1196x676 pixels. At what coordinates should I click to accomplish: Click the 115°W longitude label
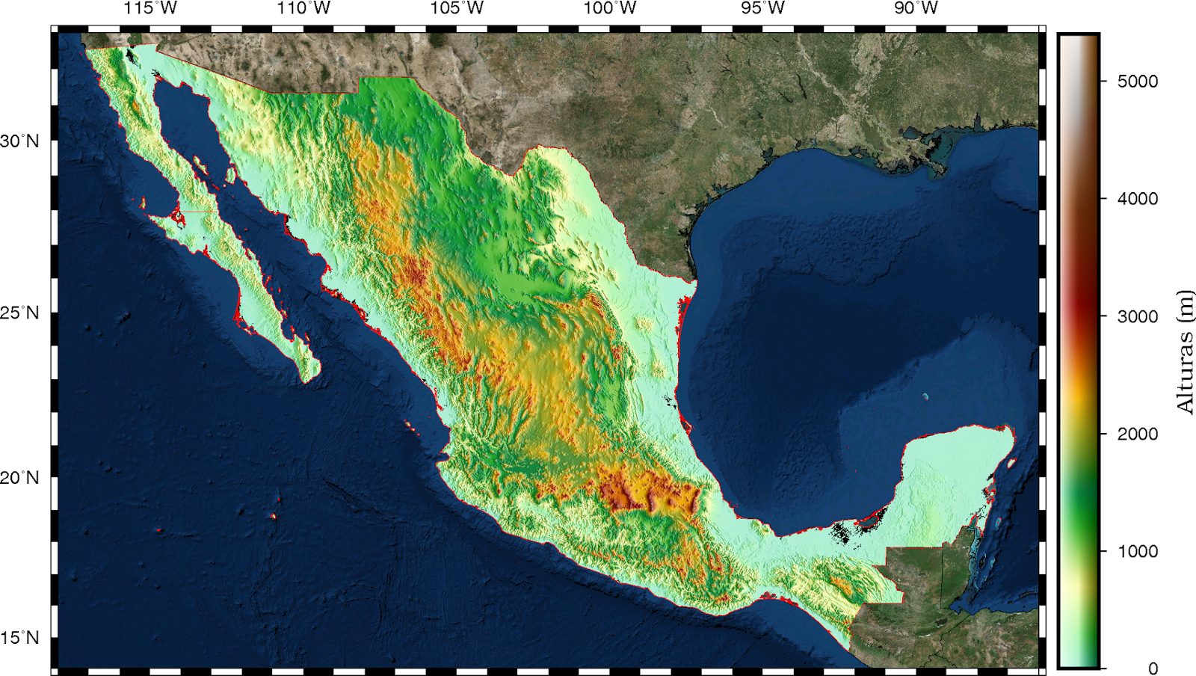[x=150, y=8]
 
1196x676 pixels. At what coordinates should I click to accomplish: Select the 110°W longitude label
[x=303, y=8]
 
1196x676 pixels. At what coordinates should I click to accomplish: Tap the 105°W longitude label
[x=457, y=8]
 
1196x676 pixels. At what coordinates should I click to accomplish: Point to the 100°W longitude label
[x=610, y=8]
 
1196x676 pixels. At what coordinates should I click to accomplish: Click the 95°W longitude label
[x=763, y=8]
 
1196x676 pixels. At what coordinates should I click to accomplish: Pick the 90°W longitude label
[x=916, y=8]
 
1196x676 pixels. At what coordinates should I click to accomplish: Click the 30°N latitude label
[x=19, y=141]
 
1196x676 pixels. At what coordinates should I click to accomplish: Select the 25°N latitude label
[x=19, y=313]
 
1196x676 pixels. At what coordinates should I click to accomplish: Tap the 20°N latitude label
[x=19, y=478]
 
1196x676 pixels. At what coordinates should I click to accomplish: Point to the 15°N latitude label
[x=19, y=638]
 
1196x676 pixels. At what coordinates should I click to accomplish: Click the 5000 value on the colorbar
[x=1137, y=81]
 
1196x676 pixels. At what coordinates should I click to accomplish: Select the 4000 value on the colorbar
[x=1137, y=199]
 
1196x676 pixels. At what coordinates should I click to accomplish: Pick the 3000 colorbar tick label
[x=1137, y=316]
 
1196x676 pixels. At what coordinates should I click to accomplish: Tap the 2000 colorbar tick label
[x=1137, y=434]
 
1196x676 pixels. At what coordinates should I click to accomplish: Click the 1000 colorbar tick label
[x=1137, y=551]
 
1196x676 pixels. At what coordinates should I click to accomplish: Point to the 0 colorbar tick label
[x=1153, y=668]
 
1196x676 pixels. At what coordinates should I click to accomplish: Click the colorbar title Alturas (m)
[x=1185, y=351]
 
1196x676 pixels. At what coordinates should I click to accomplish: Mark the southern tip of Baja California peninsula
[x=306, y=380]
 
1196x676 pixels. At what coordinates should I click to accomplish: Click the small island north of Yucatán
[x=925, y=396]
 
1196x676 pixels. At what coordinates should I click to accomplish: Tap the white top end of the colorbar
[x=1078, y=42]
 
